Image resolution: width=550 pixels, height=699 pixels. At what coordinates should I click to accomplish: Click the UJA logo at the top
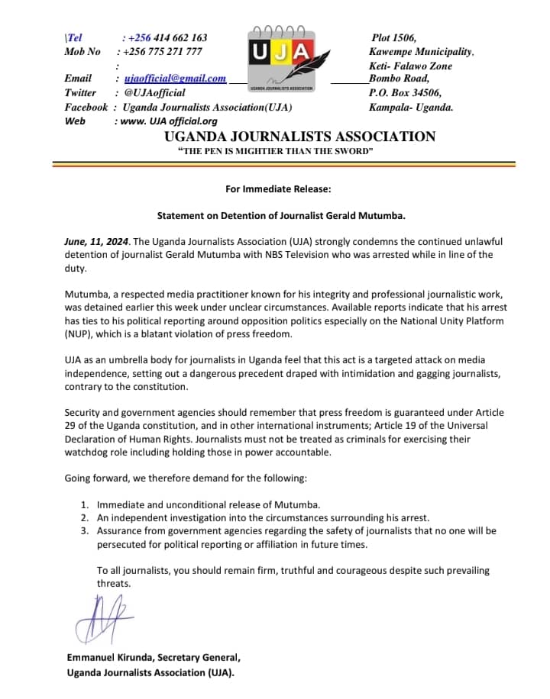(282, 57)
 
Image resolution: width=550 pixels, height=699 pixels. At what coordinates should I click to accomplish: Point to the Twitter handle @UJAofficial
(154, 92)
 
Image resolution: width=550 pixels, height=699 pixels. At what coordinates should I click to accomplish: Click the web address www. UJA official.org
(166, 121)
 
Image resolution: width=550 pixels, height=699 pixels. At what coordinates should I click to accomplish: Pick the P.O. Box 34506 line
(405, 92)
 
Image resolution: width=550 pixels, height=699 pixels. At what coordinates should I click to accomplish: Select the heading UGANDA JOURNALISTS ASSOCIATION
(299, 137)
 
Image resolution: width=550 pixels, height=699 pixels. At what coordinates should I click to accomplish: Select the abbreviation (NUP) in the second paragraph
(79, 333)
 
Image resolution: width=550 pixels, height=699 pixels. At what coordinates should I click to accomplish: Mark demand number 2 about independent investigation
(264, 517)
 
